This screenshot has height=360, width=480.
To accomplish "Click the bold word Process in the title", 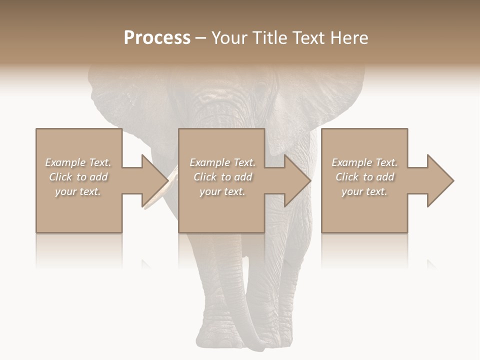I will pos(157,38).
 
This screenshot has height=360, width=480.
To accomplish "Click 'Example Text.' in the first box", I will pos(78,162).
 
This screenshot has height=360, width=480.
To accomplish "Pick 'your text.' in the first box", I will pos(78,191).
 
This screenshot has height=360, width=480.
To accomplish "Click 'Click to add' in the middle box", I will pos(222,177).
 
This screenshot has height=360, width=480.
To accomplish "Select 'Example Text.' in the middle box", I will pos(222,162).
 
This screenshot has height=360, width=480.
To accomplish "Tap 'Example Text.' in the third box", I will pos(364,162).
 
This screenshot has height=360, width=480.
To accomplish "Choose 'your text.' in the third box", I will pos(364,191).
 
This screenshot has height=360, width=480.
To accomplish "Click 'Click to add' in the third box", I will pos(364,177).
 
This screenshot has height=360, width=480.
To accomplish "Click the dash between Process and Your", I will pos(200,38).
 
